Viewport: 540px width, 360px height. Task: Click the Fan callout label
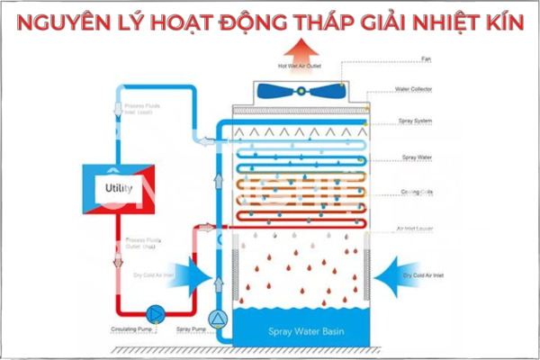[x=427, y=60]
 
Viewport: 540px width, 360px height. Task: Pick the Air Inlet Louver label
[x=415, y=229]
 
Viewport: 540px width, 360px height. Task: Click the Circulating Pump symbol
[x=155, y=312]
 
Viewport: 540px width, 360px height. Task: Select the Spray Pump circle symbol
[x=216, y=318]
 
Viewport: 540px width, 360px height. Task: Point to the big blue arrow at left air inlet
[x=195, y=274]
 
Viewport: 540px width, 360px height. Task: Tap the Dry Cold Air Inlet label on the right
[x=425, y=274]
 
